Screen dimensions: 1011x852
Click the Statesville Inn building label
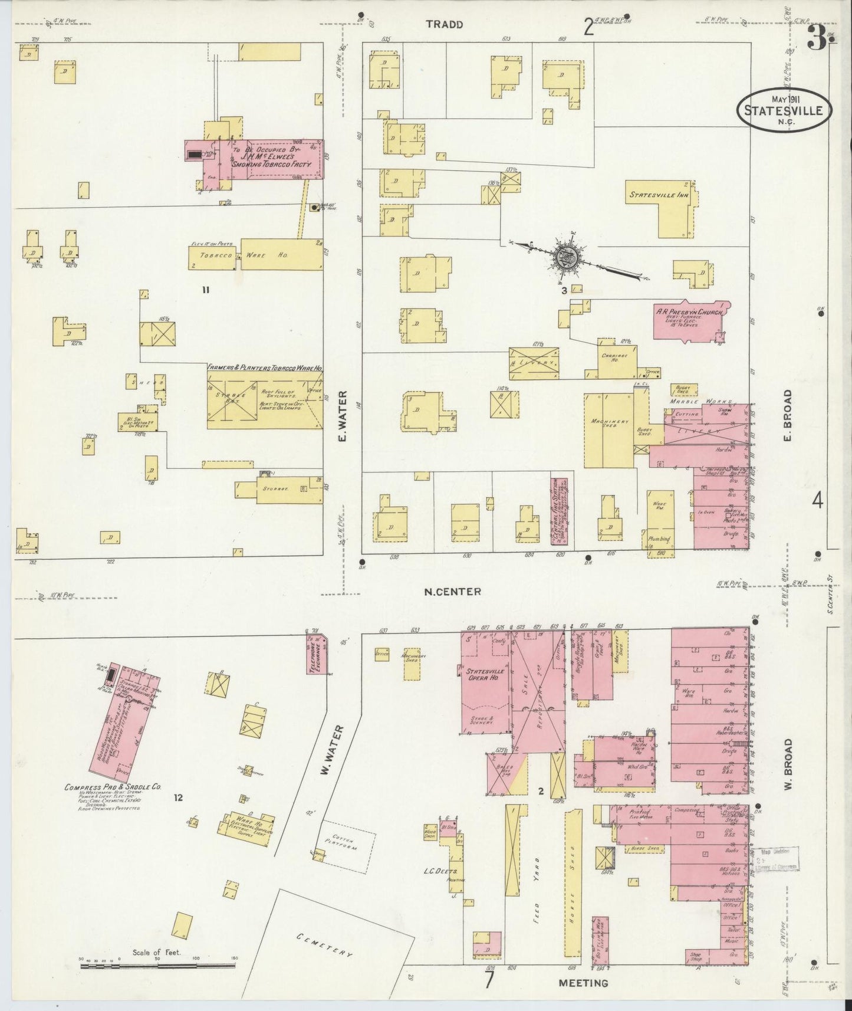(x=659, y=194)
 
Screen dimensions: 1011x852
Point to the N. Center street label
(x=453, y=591)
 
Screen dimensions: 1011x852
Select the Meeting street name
(x=584, y=983)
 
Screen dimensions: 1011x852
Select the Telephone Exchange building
(x=316, y=655)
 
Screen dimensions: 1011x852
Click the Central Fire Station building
(x=558, y=511)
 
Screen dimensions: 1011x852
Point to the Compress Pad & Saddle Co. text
(x=113, y=787)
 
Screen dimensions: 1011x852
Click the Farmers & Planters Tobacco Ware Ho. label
(x=264, y=367)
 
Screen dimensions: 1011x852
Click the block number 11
(x=205, y=290)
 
